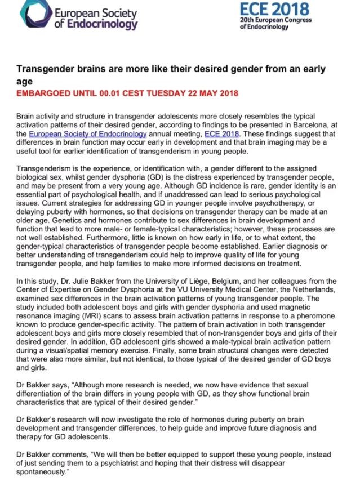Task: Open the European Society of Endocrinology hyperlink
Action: (x=88, y=134)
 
